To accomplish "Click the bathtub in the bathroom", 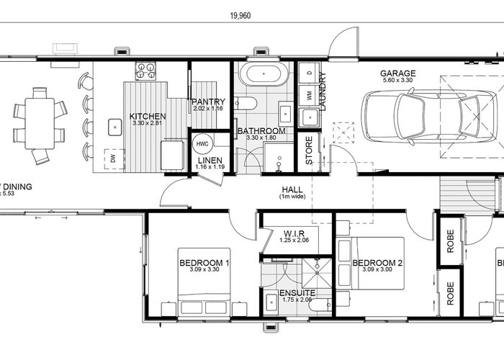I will coord(263,74).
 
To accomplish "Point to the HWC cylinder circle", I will coord(202,144).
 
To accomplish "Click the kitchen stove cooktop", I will coord(146,71).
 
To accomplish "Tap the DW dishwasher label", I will coord(112,158).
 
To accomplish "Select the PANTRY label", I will coord(209,102).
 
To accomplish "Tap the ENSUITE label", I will coord(297,293).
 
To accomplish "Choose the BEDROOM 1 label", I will coord(204,263).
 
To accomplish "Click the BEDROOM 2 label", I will coord(377,263).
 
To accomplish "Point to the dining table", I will coord(39,123).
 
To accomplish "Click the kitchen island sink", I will coord(114,127).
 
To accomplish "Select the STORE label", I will coord(309,151).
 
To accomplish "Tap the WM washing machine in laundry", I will coord(310,94).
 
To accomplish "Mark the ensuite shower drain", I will coord(315,271).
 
